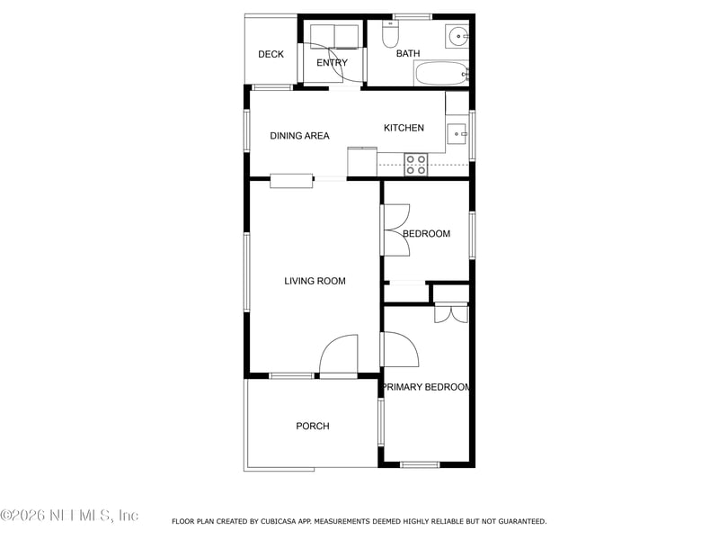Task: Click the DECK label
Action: (x=271, y=55)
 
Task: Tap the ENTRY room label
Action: (x=332, y=63)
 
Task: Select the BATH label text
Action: (x=408, y=54)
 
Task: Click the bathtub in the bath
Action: (x=440, y=73)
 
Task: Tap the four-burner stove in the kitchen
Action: (x=415, y=164)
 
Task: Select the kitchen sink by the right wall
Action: (x=457, y=134)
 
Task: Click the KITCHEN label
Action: (x=404, y=128)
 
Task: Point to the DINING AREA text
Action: (x=299, y=136)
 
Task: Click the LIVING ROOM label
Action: (x=315, y=282)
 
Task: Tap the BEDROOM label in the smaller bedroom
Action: (x=426, y=234)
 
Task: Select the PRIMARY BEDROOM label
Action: (x=426, y=387)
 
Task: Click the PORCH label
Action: (x=313, y=427)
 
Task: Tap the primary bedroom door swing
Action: (x=401, y=348)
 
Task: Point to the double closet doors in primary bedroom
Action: (x=450, y=314)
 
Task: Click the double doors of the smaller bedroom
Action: (x=395, y=229)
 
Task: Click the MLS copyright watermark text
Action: (x=69, y=516)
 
